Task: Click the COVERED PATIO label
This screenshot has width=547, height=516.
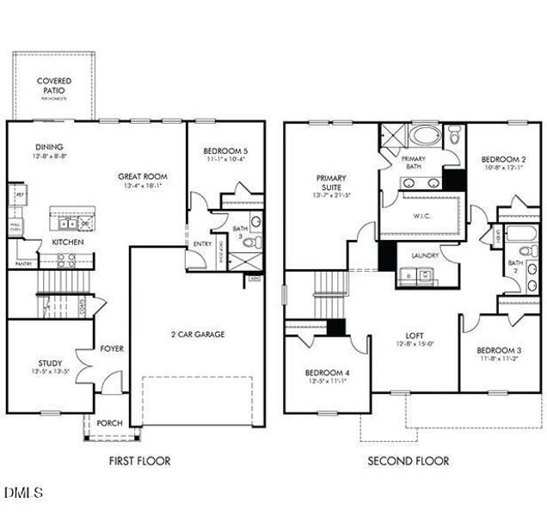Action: point(53,86)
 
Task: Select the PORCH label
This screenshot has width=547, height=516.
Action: point(109,422)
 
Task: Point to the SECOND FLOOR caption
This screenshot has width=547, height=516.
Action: point(408,461)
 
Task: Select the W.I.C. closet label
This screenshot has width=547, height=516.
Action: point(421,217)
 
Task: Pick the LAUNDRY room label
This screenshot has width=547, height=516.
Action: point(425,255)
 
